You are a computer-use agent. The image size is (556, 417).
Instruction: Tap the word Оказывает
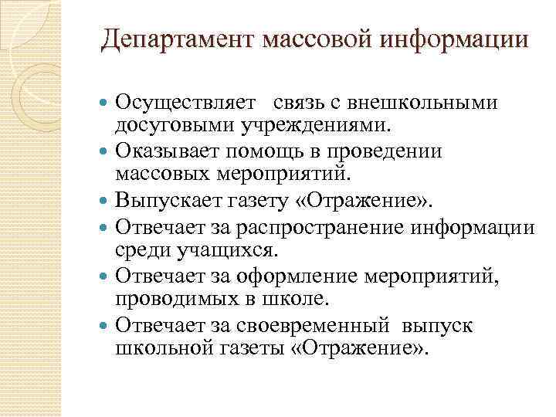pos(161,150)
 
